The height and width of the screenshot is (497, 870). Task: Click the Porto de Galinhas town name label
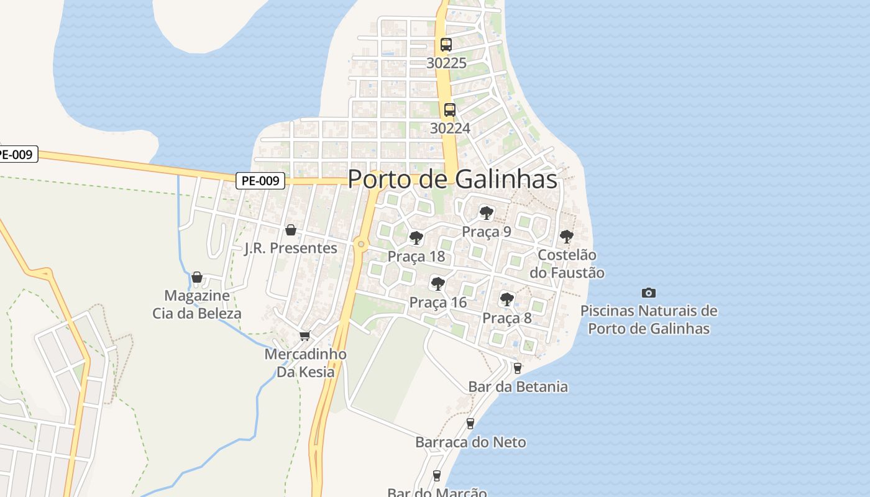point(452,180)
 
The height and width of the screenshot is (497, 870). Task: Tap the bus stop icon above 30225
point(446,45)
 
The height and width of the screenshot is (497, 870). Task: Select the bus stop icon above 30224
point(450,110)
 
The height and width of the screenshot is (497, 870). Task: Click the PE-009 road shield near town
point(261,181)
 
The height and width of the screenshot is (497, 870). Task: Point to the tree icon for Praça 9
point(487,214)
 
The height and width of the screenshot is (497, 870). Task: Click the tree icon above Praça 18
point(416,238)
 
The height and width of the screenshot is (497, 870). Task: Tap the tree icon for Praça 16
point(438,285)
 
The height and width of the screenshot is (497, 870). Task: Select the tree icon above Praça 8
point(507,299)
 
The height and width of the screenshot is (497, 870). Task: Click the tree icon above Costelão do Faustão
point(566,237)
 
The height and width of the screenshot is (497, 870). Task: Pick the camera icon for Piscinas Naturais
point(649,293)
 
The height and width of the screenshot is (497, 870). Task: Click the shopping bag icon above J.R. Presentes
point(290,230)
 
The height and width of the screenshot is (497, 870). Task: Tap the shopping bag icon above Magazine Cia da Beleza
point(197,277)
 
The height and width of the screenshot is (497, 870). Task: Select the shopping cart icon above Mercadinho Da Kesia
point(304,336)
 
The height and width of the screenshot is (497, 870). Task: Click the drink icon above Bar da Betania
point(518,368)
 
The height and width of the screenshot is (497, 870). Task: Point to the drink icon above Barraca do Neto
point(470,424)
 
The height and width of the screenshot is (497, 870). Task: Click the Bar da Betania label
point(518,386)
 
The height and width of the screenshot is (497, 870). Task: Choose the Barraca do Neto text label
point(470,442)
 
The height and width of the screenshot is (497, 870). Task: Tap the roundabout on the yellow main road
point(361,244)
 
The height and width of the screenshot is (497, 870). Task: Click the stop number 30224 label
point(450,128)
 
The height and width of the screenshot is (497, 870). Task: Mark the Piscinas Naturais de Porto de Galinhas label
point(649,319)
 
